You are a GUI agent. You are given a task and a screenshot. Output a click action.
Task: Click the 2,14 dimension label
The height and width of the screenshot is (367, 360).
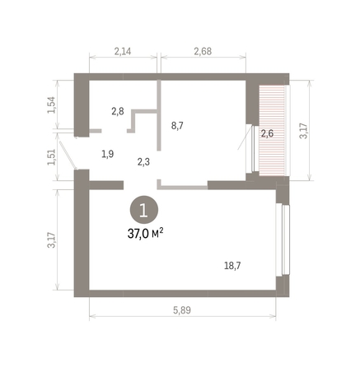pyautogui.click(x=122, y=52)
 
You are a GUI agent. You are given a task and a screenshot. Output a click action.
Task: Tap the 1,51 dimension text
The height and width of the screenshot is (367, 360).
pyautogui.click(x=51, y=156)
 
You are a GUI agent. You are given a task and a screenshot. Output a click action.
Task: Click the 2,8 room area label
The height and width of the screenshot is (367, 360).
pyautogui.click(x=119, y=110)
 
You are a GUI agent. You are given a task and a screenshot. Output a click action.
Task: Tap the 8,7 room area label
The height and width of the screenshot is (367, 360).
pyautogui.click(x=178, y=126)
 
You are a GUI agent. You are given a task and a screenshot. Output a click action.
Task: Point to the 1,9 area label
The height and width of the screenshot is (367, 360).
pyautogui.click(x=108, y=153)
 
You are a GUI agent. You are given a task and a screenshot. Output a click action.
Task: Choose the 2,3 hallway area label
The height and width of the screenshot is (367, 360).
pyautogui.click(x=144, y=162)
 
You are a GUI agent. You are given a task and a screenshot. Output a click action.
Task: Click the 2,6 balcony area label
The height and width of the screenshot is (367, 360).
pyautogui.click(x=267, y=132)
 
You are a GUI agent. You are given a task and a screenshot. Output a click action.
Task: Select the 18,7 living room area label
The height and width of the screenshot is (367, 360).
pyautogui.click(x=233, y=265)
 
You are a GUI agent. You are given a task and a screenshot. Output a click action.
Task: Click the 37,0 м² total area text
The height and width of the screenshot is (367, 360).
pyautogui.click(x=145, y=233)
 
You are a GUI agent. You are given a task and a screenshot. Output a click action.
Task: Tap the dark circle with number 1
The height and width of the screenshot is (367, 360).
pyautogui.click(x=144, y=210)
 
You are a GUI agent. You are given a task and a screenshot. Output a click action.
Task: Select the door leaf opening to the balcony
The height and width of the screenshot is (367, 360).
pyautogui.click(x=248, y=148)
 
